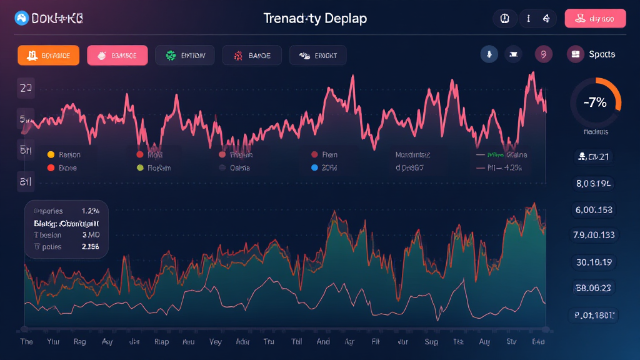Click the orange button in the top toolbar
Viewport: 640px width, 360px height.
(x=48, y=55)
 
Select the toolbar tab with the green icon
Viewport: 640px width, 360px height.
(x=184, y=55)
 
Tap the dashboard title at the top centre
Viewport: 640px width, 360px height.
(x=315, y=18)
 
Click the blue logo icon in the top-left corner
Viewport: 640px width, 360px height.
(x=21, y=19)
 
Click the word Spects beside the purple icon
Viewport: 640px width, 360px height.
(x=602, y=54)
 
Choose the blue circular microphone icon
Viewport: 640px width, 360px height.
(x=489, y=54)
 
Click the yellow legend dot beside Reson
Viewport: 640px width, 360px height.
(x=51, y=154)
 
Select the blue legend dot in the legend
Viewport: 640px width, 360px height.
(x=314, y=167)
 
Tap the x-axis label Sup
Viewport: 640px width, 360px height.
(x=431, y=342)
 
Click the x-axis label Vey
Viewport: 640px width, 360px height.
(x=216, y=342)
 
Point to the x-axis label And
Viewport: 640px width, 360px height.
(x=324, y=342)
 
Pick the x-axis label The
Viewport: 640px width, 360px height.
(x=27, y=342)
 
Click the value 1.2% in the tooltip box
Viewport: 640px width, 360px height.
(x=91, y=211)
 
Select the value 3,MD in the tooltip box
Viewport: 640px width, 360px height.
(x=91, y=234)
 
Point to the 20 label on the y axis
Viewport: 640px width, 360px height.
(x=26, y=89)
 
